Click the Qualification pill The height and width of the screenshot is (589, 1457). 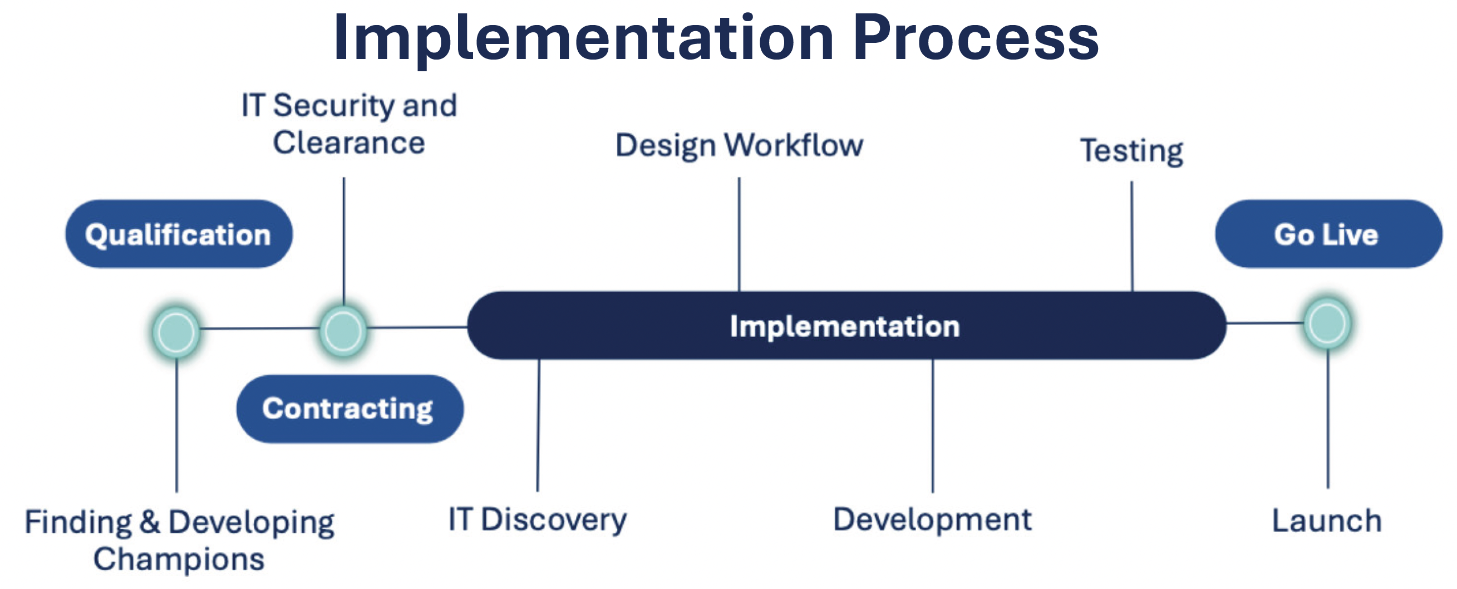click(179, 234)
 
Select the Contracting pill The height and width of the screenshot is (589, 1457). click(350, 409)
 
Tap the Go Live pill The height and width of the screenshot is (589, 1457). click(1328, 234)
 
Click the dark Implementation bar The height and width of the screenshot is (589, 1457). click(846, 325)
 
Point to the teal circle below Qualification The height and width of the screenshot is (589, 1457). click(176, 332)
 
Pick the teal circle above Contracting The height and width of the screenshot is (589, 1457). click(343, 331)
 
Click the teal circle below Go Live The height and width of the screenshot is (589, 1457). click(1327, 323)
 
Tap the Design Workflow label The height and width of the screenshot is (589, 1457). click(739, 145)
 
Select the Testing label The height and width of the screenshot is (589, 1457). click(1131, 151)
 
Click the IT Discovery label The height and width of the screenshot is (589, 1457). click(537, 519)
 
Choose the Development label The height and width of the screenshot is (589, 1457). click(932, 519)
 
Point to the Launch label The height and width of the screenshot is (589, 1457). click(1327, 521)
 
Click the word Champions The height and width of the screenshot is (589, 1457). click(179, 559)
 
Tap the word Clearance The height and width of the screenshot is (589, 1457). click(349, 143)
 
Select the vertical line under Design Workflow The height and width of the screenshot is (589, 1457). click(739, 234)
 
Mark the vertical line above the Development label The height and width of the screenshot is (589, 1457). click(933, 426)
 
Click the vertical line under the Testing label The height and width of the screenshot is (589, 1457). click(1132, 236)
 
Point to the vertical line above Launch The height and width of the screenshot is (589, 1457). click(1328, 418)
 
